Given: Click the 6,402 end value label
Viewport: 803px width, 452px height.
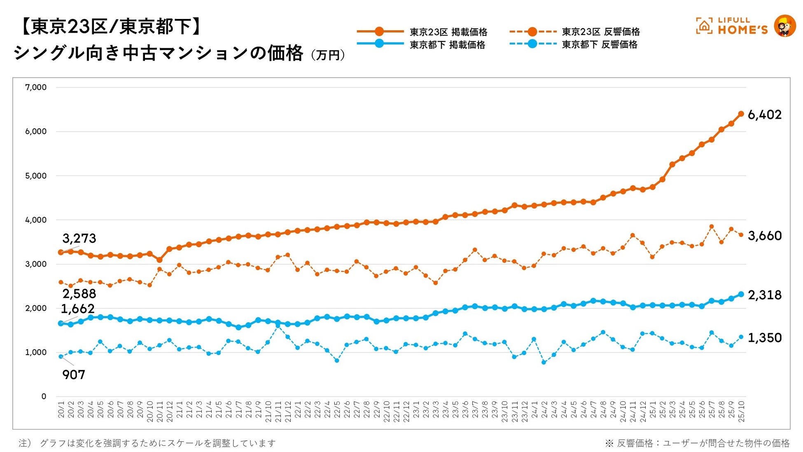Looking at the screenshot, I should [764, 115].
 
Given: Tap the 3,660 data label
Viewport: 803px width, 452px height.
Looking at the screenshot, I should [764, 236].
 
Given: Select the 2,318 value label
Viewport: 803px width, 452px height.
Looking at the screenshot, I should [764, 295].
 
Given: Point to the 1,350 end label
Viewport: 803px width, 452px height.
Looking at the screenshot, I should [764, 338].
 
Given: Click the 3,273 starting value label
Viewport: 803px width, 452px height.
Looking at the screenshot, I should [79, 238].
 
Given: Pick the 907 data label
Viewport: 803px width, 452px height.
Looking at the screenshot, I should [74, 375].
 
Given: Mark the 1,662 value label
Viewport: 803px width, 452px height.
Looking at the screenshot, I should [78, 309].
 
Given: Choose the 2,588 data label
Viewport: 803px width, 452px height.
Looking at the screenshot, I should [79, 294].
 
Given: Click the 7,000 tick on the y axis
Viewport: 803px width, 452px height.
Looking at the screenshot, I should [36, 87].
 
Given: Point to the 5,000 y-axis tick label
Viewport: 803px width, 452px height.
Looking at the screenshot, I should [36, 176].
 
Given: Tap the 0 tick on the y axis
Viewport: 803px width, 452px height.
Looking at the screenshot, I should [44, 396].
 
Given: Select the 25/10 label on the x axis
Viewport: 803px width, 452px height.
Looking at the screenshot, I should [741, 410].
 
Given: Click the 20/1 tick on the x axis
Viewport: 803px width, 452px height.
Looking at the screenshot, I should [61, 410].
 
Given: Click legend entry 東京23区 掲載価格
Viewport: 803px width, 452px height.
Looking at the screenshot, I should [448, 32].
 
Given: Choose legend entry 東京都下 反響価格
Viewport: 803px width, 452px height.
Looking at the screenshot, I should [600, 44].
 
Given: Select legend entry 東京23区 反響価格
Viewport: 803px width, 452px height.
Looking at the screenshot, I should [601, 32].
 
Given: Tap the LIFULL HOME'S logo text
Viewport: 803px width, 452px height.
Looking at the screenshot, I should [742, 26].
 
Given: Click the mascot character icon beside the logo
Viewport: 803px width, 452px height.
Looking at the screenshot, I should [784, 26].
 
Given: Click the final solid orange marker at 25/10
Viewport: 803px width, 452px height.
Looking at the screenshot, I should [741, 114].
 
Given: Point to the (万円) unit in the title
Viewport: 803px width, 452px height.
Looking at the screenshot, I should [328, 55].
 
